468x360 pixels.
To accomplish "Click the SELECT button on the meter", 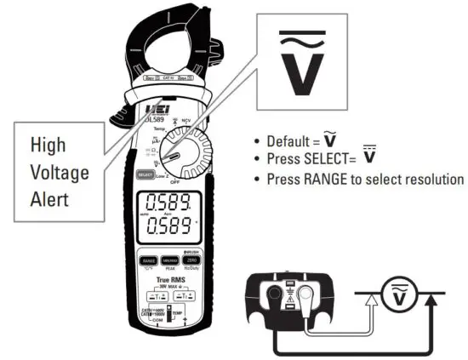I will point(145,174).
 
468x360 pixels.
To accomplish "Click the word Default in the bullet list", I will point(289,141).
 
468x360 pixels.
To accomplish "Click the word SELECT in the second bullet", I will point(327,157).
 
